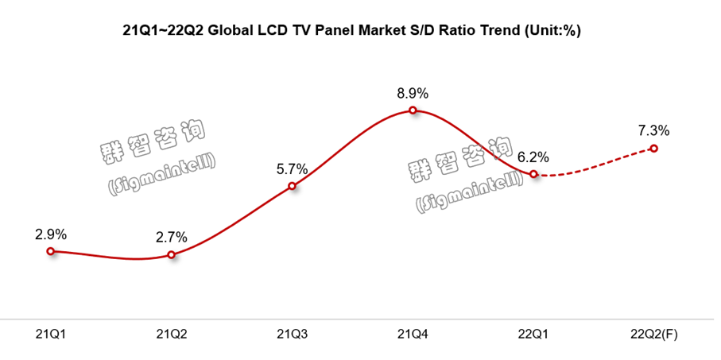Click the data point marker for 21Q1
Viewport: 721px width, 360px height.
point(51,251)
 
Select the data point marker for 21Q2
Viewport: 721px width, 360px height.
point(172,255)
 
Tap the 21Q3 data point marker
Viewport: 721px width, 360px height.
point(292,187)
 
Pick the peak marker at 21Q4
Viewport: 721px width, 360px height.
point(413,110)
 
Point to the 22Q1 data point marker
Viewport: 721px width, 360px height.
point(533,173)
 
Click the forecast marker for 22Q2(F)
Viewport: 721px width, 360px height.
point(653,149)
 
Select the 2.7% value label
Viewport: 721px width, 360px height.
point(172,237)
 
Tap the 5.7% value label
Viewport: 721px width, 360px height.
point(292,168)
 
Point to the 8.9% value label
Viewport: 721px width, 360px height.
point(413,93)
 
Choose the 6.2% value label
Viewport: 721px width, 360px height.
point(533,156)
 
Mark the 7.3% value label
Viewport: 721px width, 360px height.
point(653,130)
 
